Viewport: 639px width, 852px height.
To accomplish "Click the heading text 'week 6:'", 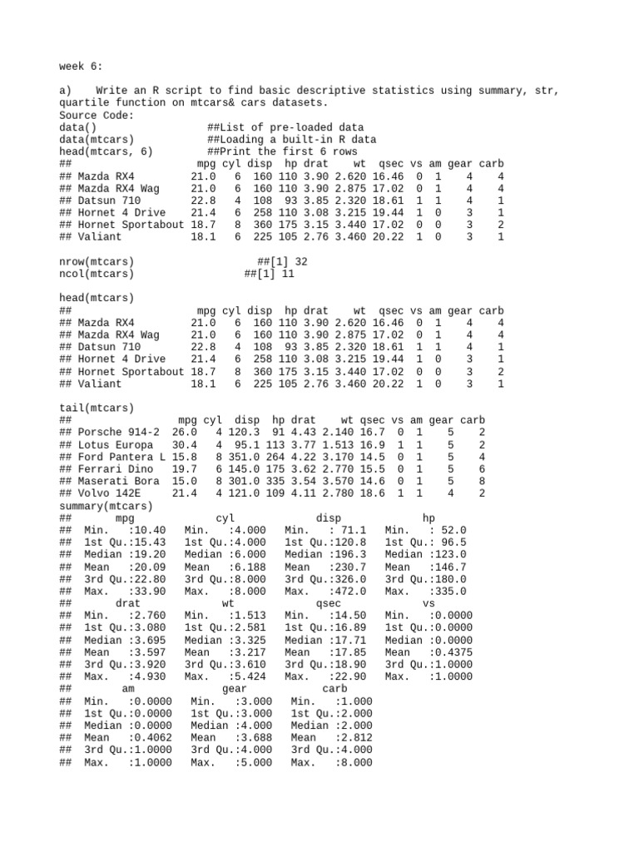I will tap(81, 66).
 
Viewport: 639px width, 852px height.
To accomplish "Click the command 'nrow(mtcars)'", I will tap(97, 261).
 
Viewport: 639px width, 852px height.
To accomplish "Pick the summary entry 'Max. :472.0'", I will tap(325, 592).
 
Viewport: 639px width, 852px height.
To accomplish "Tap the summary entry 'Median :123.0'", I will tap(426, 555).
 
